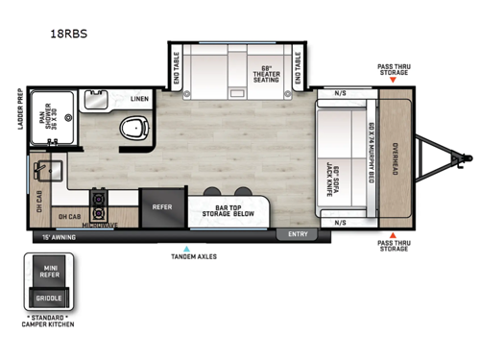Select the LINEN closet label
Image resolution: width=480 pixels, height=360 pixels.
click(x=139, y=99)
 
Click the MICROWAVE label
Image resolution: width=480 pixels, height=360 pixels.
click(x=99, y=226)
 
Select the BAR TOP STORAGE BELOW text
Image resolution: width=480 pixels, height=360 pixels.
click(x=232, y=212)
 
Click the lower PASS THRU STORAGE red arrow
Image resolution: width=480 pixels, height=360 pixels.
click(x=394, y=236)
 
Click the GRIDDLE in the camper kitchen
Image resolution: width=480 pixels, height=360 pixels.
click(x=50, y=299)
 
